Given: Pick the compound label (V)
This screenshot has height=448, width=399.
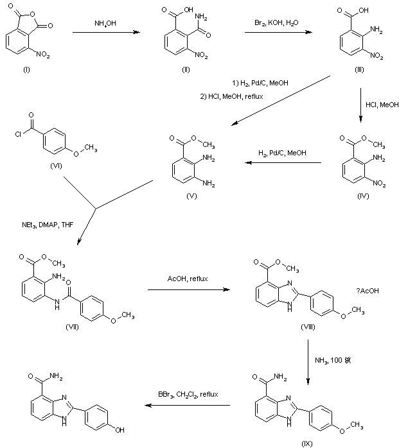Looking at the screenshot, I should [190, 198].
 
